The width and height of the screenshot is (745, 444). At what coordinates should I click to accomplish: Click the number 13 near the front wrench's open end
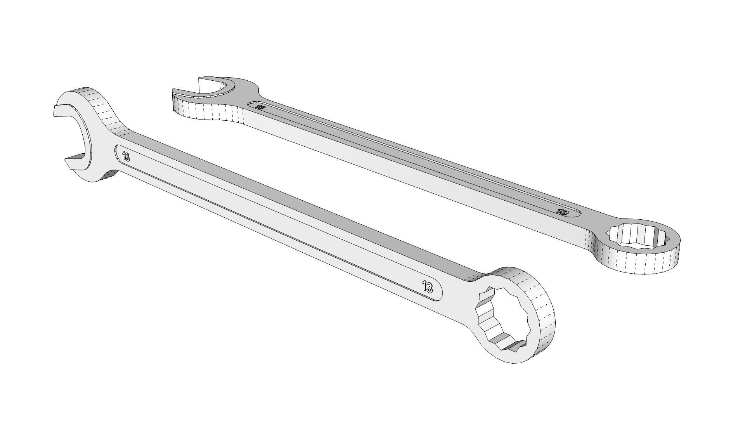pyautogui.click(x=126, y=157)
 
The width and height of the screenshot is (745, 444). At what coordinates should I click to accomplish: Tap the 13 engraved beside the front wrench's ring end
pyautogui.click(x=427, y=287)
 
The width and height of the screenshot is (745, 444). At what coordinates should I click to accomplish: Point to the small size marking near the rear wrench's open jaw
pyautogui.click(x=260, y=108)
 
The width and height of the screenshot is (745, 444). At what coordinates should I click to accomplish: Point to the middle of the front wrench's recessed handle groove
pyautogui.click(x=272, y=221)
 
